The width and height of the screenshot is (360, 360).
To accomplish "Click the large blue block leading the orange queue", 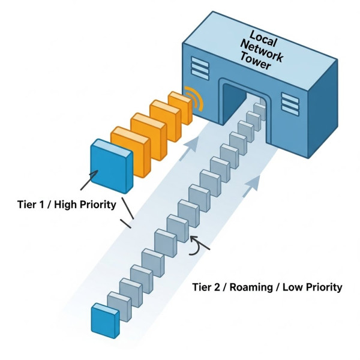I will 112,166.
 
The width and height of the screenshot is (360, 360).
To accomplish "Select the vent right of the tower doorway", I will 290,103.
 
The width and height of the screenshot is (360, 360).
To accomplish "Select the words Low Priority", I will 314,287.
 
